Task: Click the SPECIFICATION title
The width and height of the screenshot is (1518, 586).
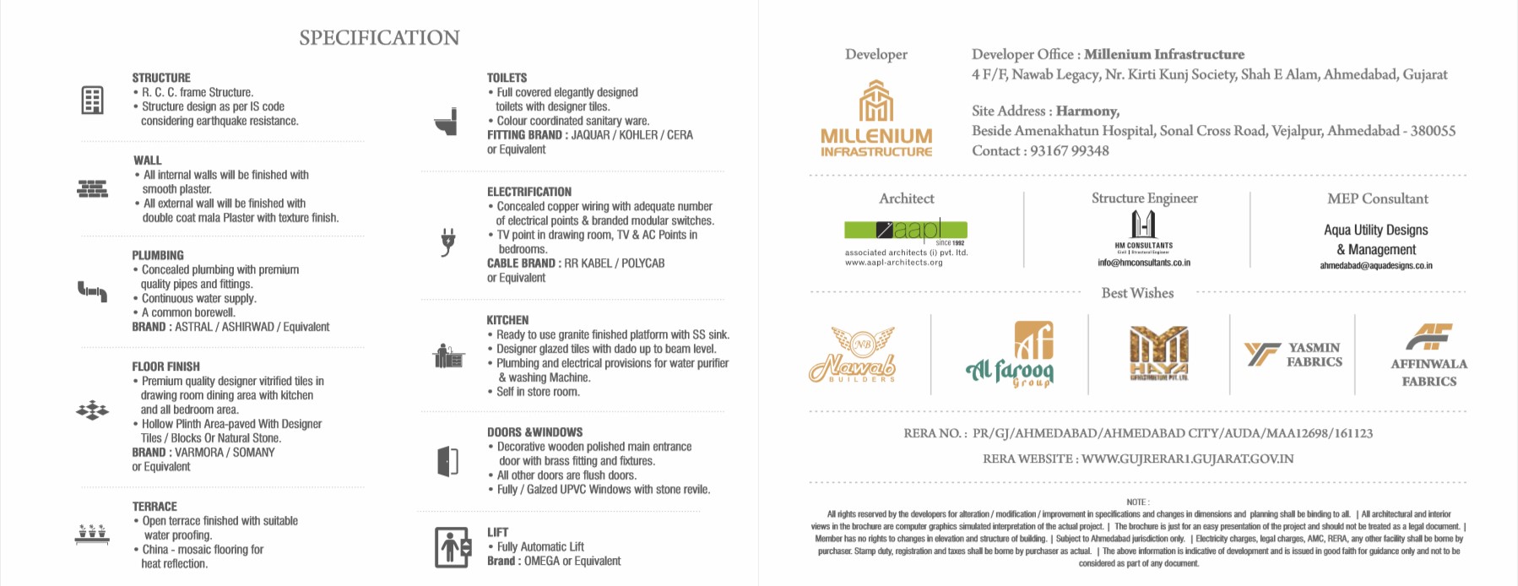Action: [x=379, y=38]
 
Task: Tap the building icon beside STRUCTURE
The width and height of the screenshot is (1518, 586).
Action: [x=92, y=100]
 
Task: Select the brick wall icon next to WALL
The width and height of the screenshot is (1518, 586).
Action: [x=92, y=189]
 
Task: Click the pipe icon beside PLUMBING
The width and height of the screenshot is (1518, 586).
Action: [x=92, y=291]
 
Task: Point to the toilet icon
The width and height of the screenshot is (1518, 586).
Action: [x=446, y=122]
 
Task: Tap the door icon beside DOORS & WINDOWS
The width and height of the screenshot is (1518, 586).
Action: [x=447, y=461]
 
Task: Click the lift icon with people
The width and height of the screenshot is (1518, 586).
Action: [x=452, y=547]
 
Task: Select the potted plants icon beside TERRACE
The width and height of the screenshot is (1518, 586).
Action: [x=92, y=534]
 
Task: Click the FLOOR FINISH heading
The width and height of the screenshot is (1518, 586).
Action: [x=166, y=366]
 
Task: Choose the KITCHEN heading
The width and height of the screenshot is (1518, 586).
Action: [x=507, y=320]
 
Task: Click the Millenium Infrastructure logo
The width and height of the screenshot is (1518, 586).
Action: [x=876, y=119]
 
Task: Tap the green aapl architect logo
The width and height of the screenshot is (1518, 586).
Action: [x=905, y=230]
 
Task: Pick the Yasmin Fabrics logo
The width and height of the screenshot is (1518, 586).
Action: [x=1293, y=355]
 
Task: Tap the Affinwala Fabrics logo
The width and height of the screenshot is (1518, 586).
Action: [x=1429, y=355]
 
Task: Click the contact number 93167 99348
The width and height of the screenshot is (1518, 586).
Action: [x=1070, y=151]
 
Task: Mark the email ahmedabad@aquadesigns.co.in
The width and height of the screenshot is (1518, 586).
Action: [x=1376, y=266]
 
